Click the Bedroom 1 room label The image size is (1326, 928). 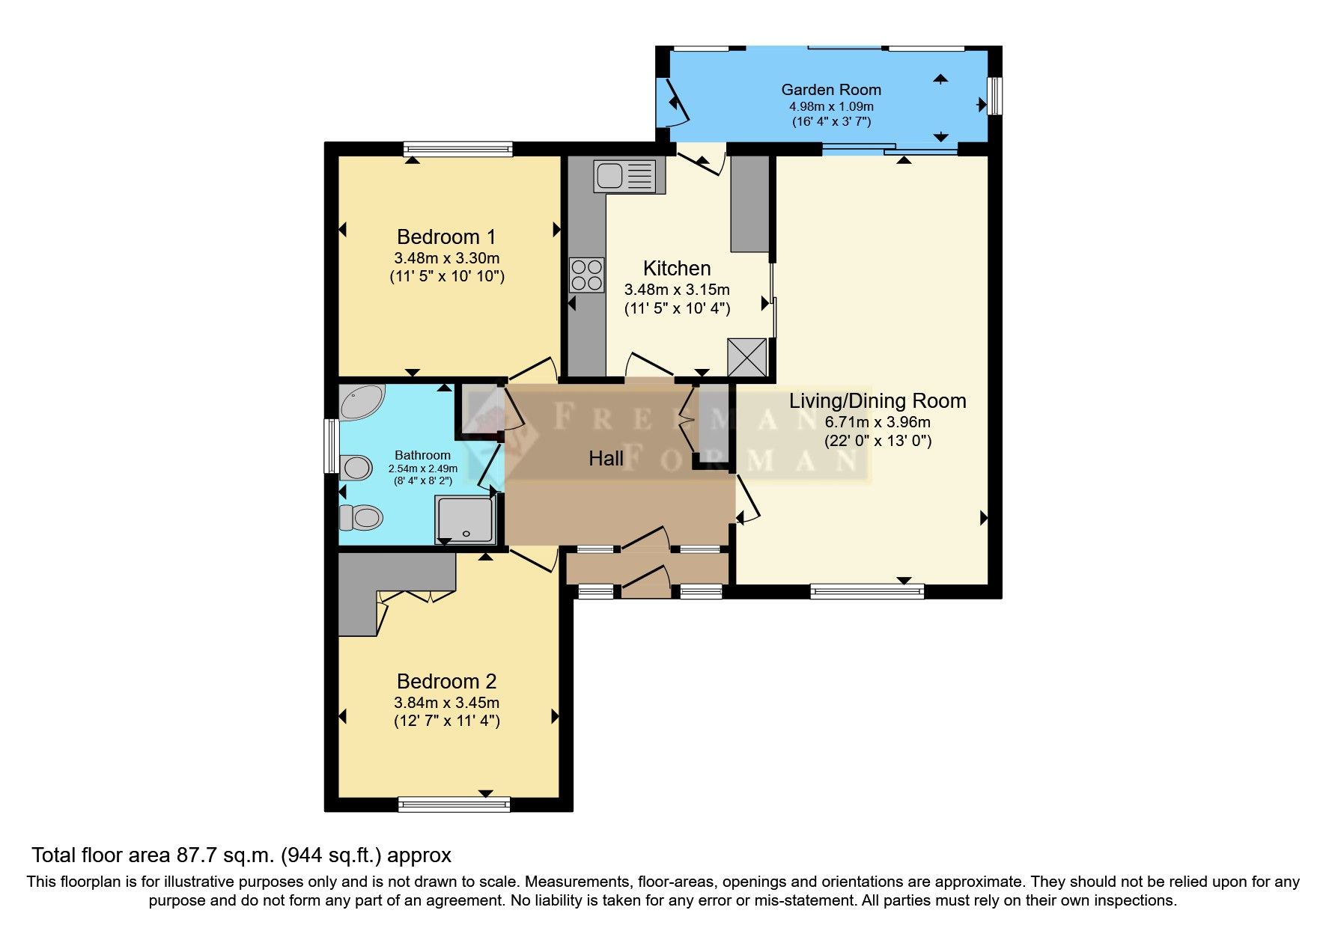tap(446, 237)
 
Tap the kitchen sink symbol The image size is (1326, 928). tap(629, 177)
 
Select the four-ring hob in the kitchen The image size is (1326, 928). tap(586, 275)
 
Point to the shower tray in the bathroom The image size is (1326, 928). tap(465, 520)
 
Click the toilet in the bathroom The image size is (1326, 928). tap(361, 517)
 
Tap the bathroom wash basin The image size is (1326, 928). tap(356, 468)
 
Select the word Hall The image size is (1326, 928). tap(606, 459)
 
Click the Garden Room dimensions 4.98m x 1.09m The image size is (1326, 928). tap(831, 106)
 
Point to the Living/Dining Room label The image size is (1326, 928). tap(878, 401)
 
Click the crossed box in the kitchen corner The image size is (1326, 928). tap(747, 358)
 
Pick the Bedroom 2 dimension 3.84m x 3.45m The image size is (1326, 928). tap(446, 703)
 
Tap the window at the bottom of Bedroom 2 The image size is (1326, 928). tap(454, 805)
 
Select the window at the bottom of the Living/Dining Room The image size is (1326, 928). tap(867, 591)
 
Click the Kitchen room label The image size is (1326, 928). tap(677, 269)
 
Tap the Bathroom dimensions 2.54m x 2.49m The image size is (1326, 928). tap(422, 468)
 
